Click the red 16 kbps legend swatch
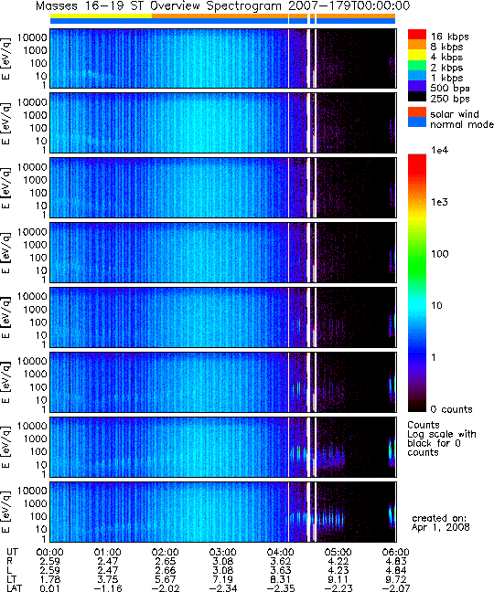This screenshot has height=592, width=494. [417, 35]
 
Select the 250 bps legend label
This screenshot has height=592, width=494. [450, 99]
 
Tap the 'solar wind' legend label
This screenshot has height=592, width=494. [455, 114]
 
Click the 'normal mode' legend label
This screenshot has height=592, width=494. [462, 124]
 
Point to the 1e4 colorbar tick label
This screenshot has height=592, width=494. [439, 150]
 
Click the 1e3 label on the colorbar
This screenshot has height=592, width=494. [439, 202]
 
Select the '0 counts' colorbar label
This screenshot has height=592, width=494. [452, 409]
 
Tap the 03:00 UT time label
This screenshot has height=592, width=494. [222, 553]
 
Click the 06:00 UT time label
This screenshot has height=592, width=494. [395, 553]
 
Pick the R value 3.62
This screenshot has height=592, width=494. [281, 562]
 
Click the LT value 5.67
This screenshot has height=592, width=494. [166, 579]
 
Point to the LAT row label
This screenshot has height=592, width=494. [15, 588]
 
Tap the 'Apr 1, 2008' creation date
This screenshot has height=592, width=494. [440, 527]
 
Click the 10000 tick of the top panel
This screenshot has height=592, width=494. [32, 37]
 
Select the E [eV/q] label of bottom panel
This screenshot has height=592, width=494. [6, 513]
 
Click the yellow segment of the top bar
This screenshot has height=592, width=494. [101, 16]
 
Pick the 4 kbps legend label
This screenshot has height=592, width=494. [446, 58]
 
